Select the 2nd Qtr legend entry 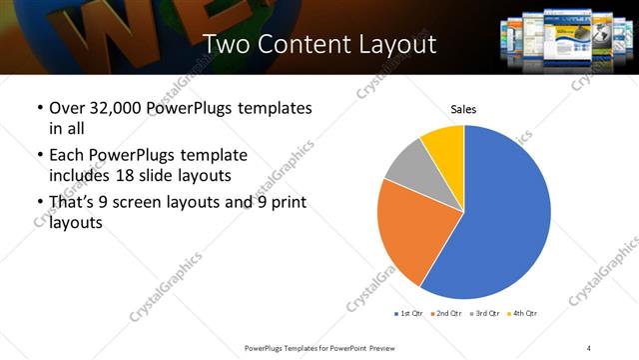pyautogui.click(x=446, y=314)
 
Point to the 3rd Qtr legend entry pyautogui.click(x=484, y=314)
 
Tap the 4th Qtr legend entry pyautogui.click(x=522, y=314)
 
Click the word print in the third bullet pyautogui.click(x=285, y=203)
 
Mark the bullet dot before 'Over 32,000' pyautogui.click(x=39, y=108)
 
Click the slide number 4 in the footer pyautogui.click(x=589, y=347)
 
